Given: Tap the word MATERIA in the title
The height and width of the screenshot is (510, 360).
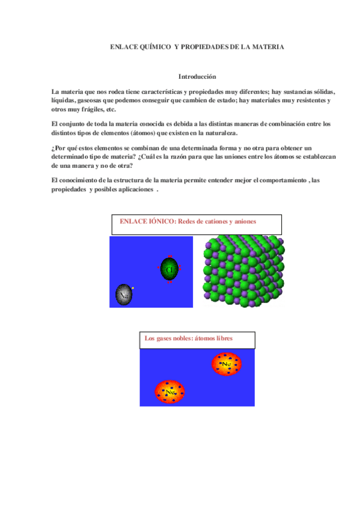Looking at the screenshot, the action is pos(267,46).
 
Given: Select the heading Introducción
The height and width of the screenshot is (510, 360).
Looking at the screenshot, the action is pos(197,77).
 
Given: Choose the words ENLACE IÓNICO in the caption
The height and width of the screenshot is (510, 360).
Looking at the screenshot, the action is pos(147,221).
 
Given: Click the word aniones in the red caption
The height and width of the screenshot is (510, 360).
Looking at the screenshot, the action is pos(244,221).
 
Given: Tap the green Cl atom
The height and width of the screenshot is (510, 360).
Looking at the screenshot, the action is pos(169,268).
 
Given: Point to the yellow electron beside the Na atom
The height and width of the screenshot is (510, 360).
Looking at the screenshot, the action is pos(133,288).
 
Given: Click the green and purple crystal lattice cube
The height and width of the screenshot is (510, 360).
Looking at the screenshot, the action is pos(243,271).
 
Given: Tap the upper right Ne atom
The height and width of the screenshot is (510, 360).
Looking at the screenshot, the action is pos(226,364).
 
